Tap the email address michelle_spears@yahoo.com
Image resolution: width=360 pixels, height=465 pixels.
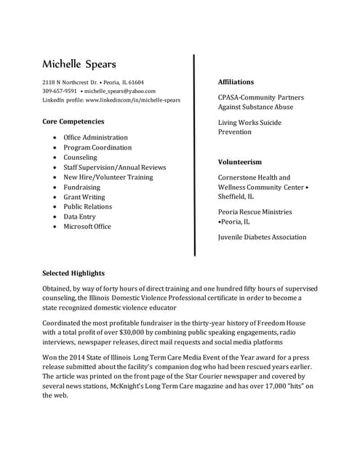pyautogui.click(x=120, y=92)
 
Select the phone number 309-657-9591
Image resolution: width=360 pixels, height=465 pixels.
pyautogui.click(x=60, y=92)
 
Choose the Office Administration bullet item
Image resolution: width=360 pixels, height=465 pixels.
pyautogui.click(x=95, y=137)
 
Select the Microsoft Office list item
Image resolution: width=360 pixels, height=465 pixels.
pyautogui.click(x=87, y=227)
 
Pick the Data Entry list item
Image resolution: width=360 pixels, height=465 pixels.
pyautogui.click(x=79, y=217)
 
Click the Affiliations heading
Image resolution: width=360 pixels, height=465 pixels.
pyautogui.click(x=236, y=82)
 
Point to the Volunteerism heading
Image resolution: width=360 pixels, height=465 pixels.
pyautogui.click(x=239, y=162)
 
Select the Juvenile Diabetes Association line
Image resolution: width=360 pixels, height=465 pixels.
pyautogui.click(x=262, y=238)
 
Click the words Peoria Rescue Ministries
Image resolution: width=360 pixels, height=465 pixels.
pyautogui.click(x=255, y=212)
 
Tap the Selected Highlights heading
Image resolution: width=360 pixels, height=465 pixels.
pyautogui.click(x=73, y=273)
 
